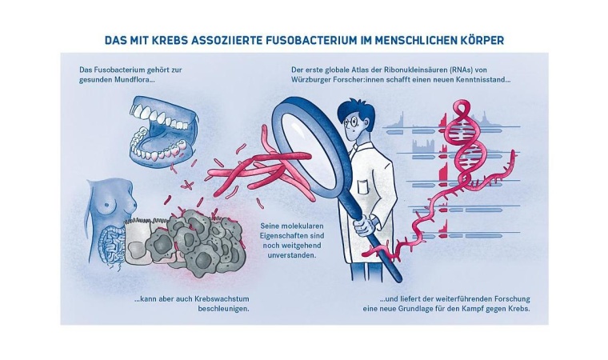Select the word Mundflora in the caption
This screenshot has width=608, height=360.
128,81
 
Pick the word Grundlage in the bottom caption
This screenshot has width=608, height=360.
427,310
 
